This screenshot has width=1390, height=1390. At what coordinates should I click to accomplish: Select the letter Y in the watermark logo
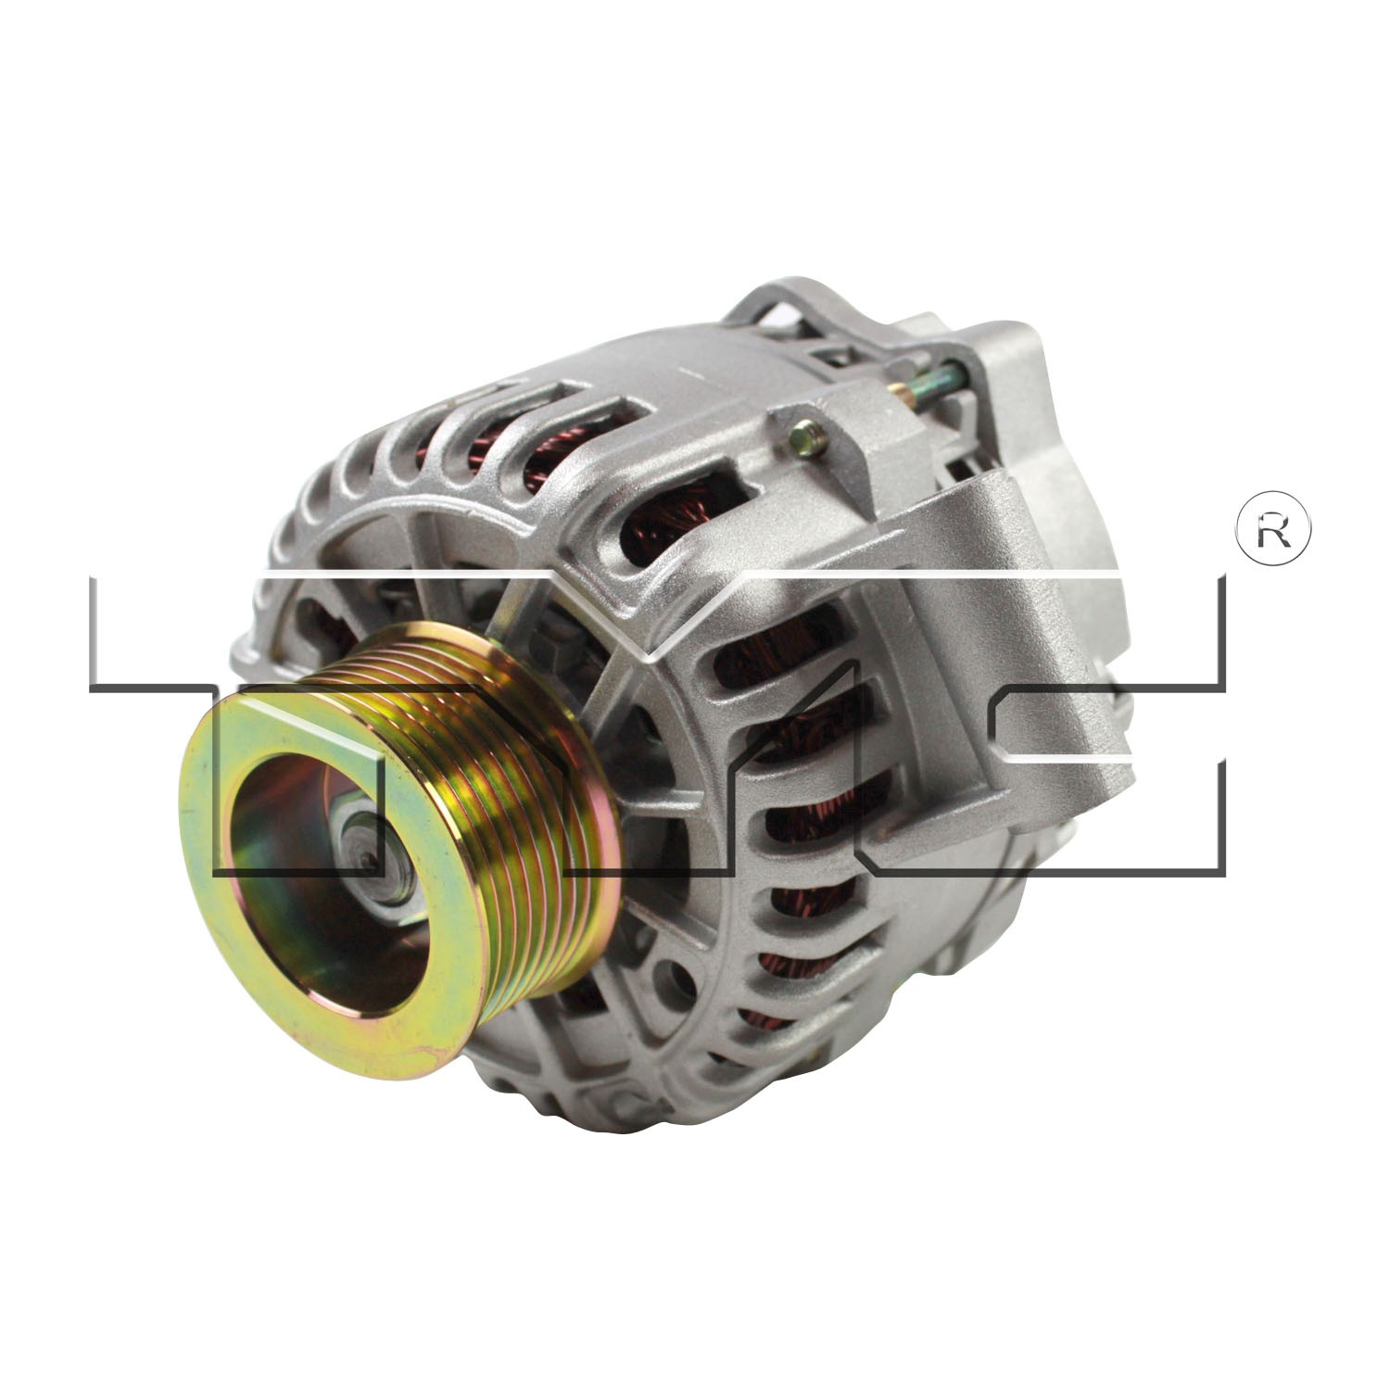704,723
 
